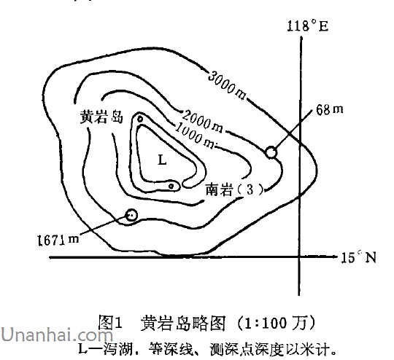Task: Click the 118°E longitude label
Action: tap(308, 26)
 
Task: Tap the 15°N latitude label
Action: tap(358, 257)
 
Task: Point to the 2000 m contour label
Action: tap(203, 122)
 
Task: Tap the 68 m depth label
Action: tap(329, 109)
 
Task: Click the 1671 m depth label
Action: tap(58, 240)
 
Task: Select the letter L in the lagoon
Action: tap(162, 160)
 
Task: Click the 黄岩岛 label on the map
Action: tap(101, 117)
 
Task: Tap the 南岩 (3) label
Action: tap(235, 189)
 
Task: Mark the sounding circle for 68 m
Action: tap(271, 152)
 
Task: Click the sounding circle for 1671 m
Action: tap(131, 215)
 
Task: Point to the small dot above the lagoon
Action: tap(140, 119)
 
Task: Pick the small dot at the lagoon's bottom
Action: tap(171, 186)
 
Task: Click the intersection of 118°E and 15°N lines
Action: tap(299, 257)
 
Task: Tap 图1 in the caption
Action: tap(110, 323)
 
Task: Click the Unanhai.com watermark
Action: tap(57, 334)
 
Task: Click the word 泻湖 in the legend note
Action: tap(117, 349)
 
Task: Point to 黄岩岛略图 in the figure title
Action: tap(182, 323)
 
